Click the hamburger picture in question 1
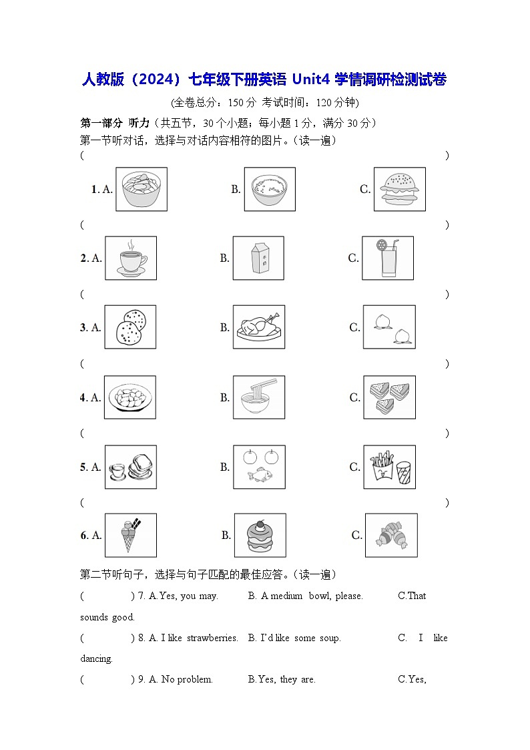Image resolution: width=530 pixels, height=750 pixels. click(x=399, y=189)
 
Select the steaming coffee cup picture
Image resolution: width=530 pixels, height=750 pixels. click(x=131, y=258)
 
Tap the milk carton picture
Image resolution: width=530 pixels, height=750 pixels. click(x=258, y=258)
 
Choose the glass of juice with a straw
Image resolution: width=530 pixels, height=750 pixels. click(x=388, y=258)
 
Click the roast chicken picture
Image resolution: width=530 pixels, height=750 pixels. click(x=258, y=327)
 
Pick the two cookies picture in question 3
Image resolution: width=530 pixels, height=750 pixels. click(x=130, y=327)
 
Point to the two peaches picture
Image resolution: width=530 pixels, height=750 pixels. click(x=388, y=327)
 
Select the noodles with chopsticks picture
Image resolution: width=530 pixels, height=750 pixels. click(x=258, y=397)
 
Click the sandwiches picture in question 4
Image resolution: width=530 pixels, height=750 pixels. click(x=388, y=397)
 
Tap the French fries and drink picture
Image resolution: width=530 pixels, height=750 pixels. click(x=388, y=467)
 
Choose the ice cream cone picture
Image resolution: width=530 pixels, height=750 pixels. click(x=131, y=535)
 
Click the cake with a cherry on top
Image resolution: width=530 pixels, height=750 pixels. click(x=260, y=535)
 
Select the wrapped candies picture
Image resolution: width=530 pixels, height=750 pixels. click(x=391, y=535)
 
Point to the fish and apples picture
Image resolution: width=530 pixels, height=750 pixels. click(x=258, y=467)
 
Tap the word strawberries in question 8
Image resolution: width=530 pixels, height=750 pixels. click(x=212, y=638)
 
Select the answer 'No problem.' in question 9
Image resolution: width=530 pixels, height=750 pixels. click(x=187, y=679)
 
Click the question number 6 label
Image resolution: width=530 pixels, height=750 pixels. click(x=85, y=535)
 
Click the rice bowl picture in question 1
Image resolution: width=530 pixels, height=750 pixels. click(x=269, y=189)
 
